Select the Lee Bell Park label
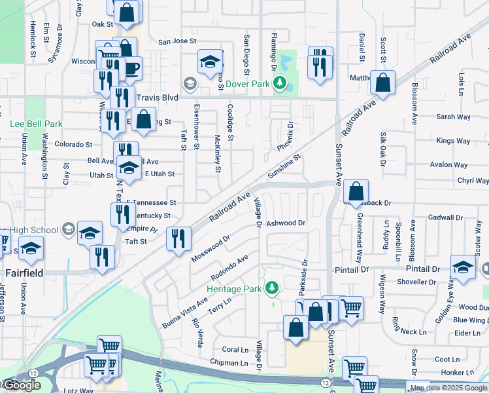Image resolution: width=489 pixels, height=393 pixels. tap(36, 123)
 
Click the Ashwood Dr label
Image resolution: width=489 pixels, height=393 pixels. tap(286, 223)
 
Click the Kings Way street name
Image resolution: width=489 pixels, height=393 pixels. tap(454, 141)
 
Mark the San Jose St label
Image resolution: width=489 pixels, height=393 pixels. tap(178, 41)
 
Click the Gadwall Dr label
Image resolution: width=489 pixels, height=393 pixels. tap(446, 217)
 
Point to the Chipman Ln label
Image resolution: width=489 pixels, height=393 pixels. tap(229, 362)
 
